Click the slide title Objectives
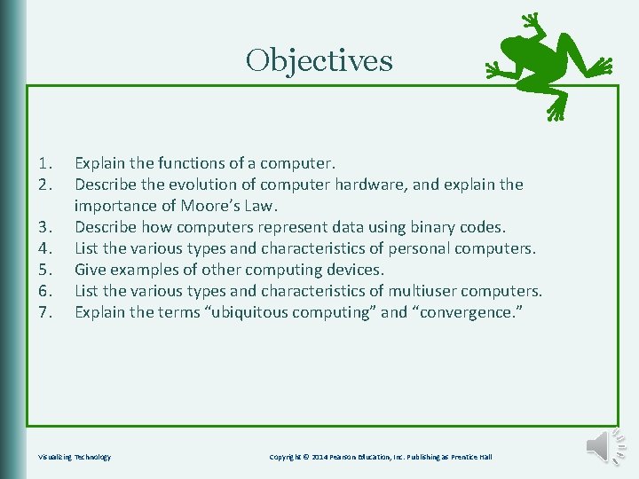[319, 60]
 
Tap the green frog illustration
[548, 64]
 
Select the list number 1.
[46, 163]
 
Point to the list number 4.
[46, 248]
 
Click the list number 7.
[46, 312]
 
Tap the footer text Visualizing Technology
[75, 457]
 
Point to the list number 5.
[46, 270]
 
